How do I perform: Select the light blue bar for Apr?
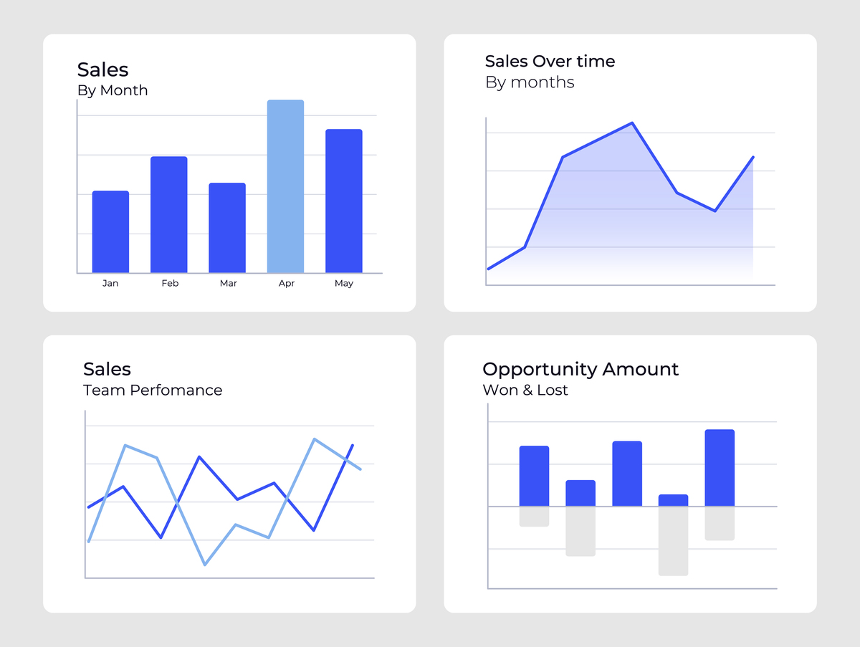(285, 186)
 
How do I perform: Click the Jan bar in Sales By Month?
(110, 231)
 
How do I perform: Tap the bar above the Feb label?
(168, 214)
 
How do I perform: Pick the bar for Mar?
(227, 228)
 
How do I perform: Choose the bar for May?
(343, 201)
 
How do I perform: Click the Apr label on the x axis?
(286, 284)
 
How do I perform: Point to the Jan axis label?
(110, 284)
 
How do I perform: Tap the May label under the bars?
(344, 284)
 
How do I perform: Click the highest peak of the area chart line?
(632, 123)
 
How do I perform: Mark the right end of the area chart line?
(753, 157)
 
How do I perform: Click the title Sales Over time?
(550, 62)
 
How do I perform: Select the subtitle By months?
(530, 82)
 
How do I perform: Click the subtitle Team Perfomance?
(153, 390)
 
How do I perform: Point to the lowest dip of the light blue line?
(205, 565)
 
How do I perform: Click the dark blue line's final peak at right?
(352, 446)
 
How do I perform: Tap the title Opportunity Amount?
(580, 370)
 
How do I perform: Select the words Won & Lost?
(525, 390)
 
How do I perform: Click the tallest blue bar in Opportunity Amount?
(720, 467)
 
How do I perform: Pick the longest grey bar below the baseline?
(673, 541)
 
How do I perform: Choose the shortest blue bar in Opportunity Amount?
(673, 500)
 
